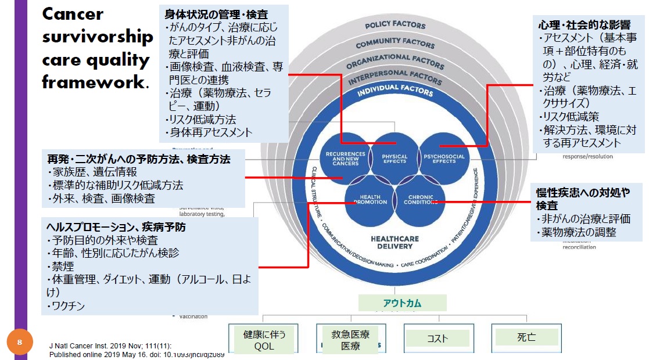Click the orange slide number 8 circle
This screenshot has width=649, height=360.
tap(19, 343)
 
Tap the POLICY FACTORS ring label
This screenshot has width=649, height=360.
tap(395, 25)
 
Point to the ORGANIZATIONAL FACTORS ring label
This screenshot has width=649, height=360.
tap(395, 61)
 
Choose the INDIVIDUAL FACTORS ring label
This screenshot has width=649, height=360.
tap(395, 92)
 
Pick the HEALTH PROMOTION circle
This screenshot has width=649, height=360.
tap(370, 200)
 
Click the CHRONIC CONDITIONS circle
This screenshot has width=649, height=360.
tap(420, 200)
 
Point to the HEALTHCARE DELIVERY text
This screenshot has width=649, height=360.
tap(395, 242)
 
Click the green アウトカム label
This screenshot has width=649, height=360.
tap(402, 303)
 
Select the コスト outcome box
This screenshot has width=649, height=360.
tap(438, 339)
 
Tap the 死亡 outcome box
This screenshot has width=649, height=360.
tap(526, 337)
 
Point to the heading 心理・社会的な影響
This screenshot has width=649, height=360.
tap(585, 26)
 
